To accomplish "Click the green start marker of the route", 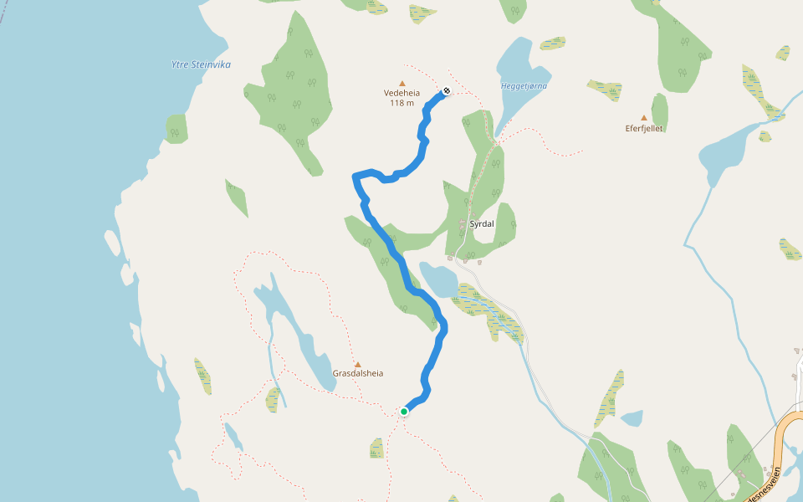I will coord(404,411).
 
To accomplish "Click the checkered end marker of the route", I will coord(447,91).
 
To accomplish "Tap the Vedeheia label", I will coord(401,94).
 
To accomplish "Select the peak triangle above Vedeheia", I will coord(402,83).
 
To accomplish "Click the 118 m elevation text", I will coord(401,103).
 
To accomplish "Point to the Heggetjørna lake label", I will coord(524,85).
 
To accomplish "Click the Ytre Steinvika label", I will coord(201,64).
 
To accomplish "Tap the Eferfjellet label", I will coord(644,129).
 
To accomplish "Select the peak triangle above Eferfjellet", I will coord(644,118).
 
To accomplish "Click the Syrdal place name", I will coord(482,224).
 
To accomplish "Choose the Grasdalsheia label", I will coord(358,373).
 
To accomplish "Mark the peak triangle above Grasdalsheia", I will coord(358,364).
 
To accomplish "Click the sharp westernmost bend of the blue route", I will coord(355,176).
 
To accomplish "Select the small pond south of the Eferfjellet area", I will coord(632,417).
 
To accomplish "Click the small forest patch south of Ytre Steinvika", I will coord(176,129).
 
